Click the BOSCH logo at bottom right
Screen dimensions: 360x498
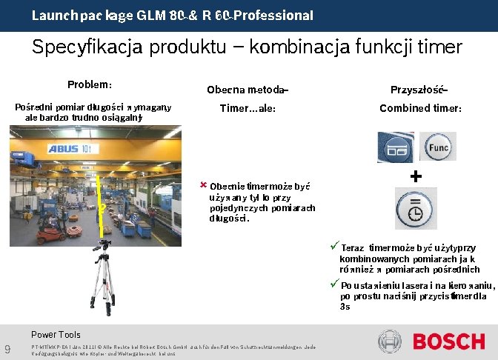[449, 341]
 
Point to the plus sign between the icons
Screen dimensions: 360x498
[416, 176]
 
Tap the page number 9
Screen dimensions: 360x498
[7, 349]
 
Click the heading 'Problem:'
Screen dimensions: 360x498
[90, 84]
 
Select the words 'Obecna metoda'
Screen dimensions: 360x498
[246, 90]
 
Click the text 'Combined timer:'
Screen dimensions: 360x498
[420, 108]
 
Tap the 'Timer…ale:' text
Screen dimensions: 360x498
[248, 108]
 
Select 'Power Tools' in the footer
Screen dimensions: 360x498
[56, 334]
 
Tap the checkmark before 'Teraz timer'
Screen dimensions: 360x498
[334, 247]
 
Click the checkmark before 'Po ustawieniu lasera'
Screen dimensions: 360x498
[334, 285]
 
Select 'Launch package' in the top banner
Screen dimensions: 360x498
[82, 15]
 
